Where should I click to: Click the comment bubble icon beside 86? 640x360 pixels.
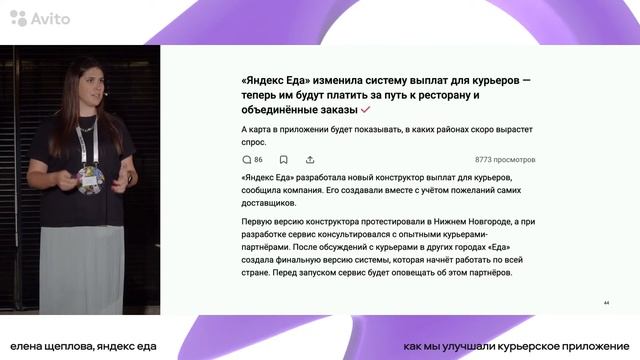tap(246, 159)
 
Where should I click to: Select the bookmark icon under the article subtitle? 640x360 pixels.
tap(284, 159)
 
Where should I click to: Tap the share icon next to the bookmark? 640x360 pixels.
tap(310, 159)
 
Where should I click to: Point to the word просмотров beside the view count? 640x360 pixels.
tap(519, 159)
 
